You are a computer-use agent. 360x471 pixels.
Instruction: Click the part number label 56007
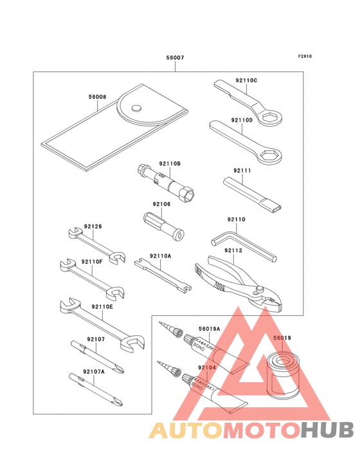coord(175,58)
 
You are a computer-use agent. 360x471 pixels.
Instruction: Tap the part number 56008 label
coord(98,98)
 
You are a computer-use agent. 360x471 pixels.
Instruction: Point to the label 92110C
coord(246,80)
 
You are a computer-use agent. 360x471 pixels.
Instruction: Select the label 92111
coord(242,171)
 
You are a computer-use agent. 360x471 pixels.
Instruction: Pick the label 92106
coord(161,204)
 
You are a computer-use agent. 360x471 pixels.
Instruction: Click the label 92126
coord(93,226)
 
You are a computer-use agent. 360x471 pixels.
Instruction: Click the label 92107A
coord(94,372)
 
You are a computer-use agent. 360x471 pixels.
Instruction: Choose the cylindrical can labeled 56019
coord(283,376)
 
